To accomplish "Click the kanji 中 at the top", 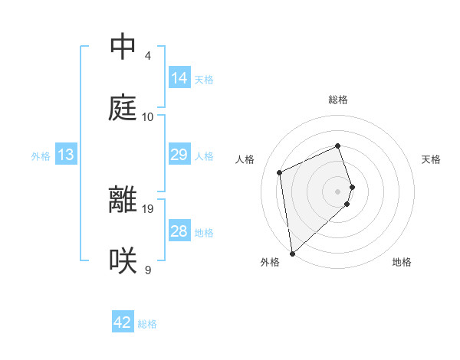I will coord(123,46).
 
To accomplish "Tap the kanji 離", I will coord(123,200).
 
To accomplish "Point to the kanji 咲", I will coord(123,260).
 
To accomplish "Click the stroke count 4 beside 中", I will coord(147,56).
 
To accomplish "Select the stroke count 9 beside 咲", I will coord(147,270).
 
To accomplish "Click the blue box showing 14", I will coord(179,78).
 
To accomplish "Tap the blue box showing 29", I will coord(179,155).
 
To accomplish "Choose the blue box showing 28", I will coord(179,231).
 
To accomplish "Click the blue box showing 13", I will coord(66,155).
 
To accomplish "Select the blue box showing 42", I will coord(123,322).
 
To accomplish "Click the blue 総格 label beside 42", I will coord(147,324).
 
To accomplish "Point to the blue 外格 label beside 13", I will coord(41,156).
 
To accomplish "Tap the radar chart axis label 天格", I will coord(431,159).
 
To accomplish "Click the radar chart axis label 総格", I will coord(338,100).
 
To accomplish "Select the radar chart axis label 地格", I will coord(402,263).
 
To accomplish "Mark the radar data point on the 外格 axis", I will coord(291,253).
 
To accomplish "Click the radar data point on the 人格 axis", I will coord(280,172).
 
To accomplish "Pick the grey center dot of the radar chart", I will coord(338,190).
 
